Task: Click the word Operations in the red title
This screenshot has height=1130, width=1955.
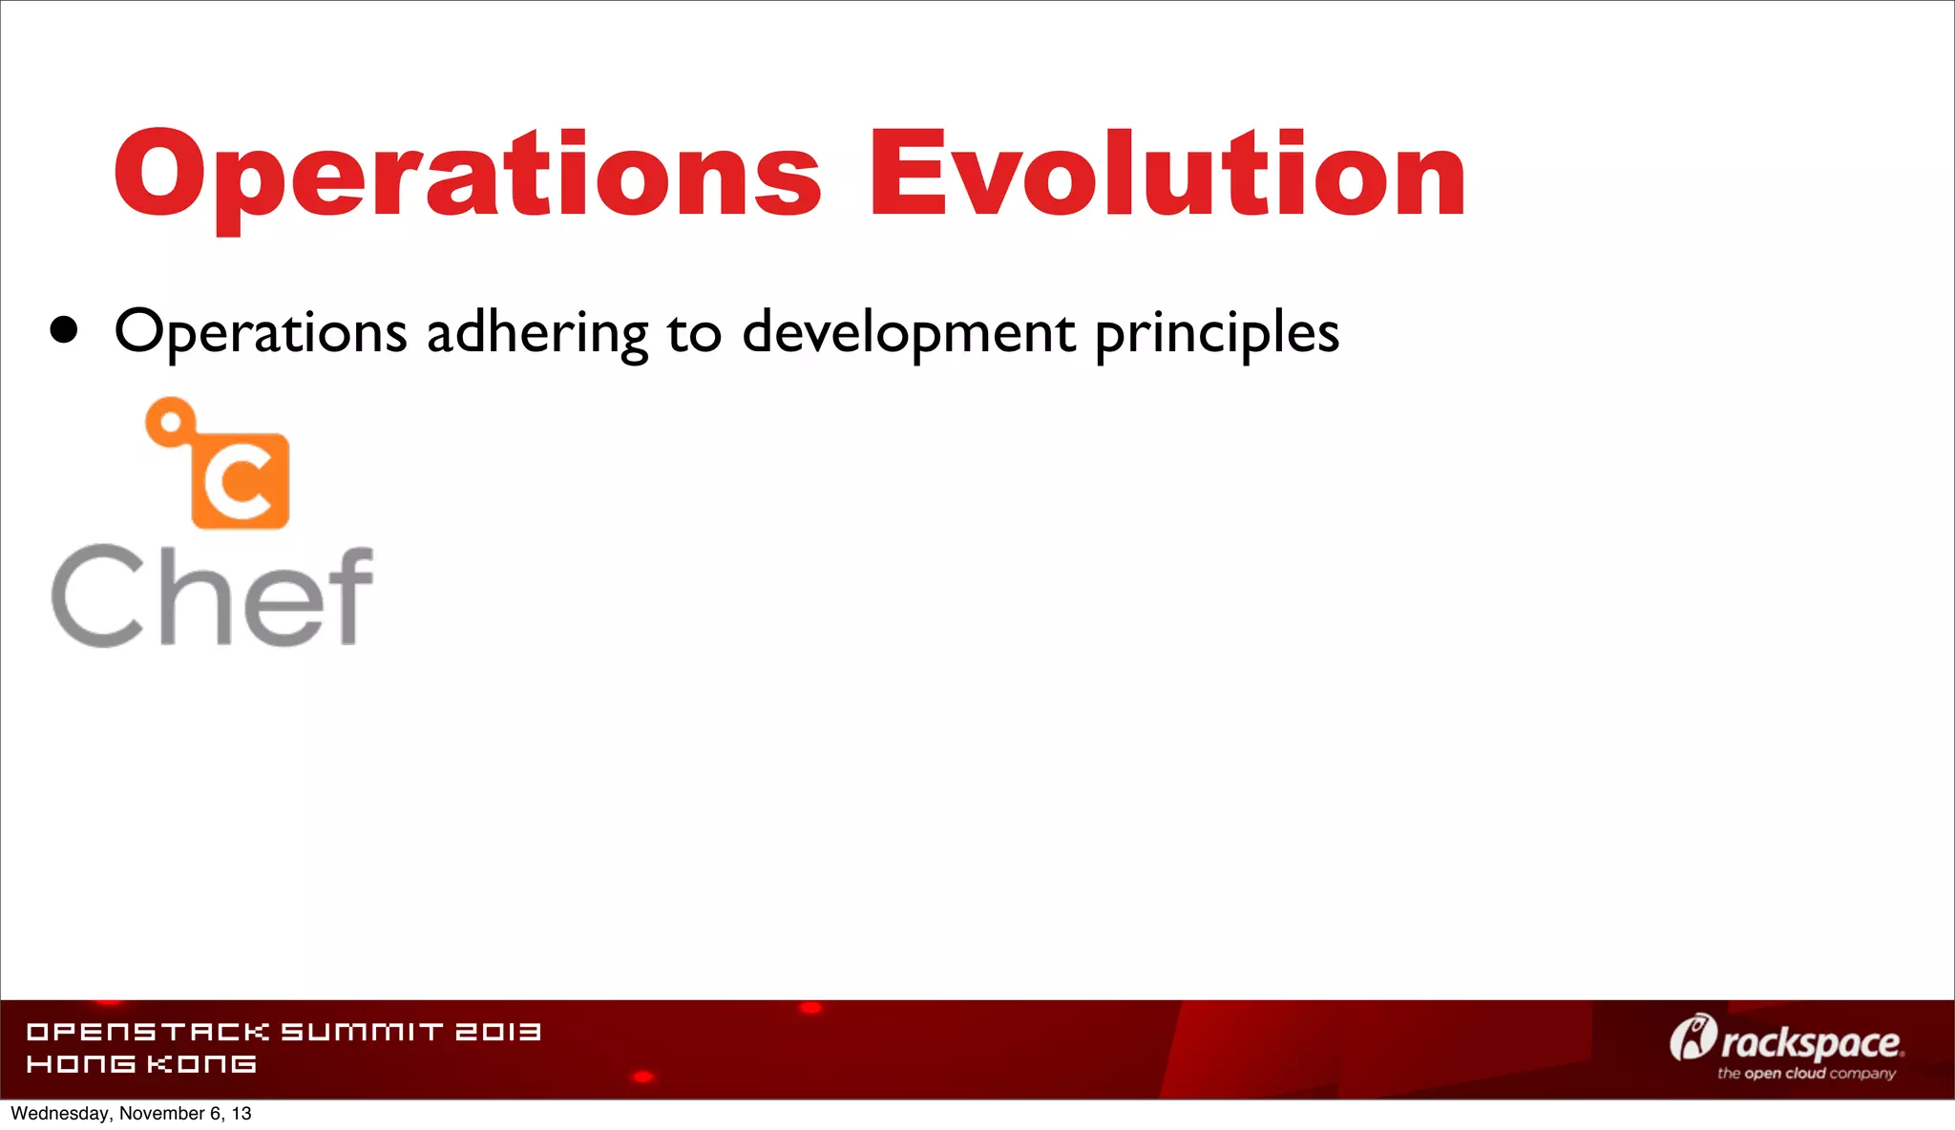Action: pos(468,175)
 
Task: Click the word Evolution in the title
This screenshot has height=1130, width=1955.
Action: pos(1167,175)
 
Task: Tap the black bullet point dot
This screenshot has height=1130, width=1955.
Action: pos(64,330)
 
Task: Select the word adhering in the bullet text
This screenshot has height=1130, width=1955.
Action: pos(537,333)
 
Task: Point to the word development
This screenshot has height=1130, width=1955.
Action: pos(909,333)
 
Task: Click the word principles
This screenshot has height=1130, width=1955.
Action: pos(1217,333)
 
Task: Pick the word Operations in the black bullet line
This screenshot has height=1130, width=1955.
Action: pos(261,333)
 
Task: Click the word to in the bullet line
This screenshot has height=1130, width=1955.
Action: pos(693,333)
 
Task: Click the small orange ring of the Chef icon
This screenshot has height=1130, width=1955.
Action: pos(171,421)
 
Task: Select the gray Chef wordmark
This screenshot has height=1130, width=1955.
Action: pos(212,596)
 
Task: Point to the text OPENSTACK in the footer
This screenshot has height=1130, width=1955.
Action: pos(148,1032)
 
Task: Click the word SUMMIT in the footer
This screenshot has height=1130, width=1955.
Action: pos(362,1032)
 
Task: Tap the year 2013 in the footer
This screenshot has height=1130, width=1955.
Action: pos(497,1032)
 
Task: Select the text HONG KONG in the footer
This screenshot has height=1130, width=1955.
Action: pos(141,1063)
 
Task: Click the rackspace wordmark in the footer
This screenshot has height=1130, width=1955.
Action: pos(1811,1043)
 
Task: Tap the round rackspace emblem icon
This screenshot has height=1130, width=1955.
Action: pos(1692,1037)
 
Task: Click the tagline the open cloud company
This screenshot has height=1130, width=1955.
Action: pos(1806,1074)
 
